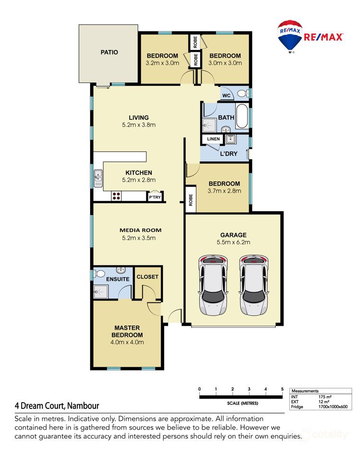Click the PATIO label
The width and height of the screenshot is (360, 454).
(109, 52)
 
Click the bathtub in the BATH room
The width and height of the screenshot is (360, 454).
(242, 116)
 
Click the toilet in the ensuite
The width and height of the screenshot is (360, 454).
(99, 274)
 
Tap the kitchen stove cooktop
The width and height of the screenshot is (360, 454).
(116, 196)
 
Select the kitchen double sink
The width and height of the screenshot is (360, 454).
(98, 178)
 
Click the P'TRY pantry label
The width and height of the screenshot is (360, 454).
(155, 197)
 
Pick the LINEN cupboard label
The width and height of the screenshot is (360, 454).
(213, 139)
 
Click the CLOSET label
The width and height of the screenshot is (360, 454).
(147, 277)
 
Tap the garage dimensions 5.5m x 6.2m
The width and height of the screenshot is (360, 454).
(233, 242)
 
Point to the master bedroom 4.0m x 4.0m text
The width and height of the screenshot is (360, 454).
(127, 342)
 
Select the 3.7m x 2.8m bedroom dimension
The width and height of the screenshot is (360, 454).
(224, 191)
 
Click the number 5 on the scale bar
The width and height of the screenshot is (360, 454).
(282, 389)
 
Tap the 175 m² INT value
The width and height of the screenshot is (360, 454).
(325, 397)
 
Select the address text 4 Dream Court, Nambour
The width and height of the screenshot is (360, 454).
(57, 406)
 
